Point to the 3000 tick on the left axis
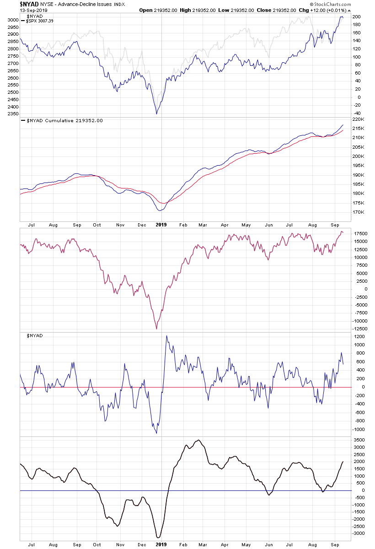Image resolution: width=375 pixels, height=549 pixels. [12, 20]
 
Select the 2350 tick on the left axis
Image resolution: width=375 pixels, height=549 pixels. [12, 113]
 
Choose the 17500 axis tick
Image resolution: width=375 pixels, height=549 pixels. [361, 233]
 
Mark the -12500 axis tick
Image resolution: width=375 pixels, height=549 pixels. [361, 328]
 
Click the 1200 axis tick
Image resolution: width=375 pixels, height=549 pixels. [359, 337]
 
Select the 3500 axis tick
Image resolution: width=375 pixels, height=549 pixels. [359, 440]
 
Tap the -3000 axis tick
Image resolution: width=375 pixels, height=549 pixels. [360, 533]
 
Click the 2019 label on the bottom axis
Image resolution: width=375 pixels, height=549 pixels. [161, 544]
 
